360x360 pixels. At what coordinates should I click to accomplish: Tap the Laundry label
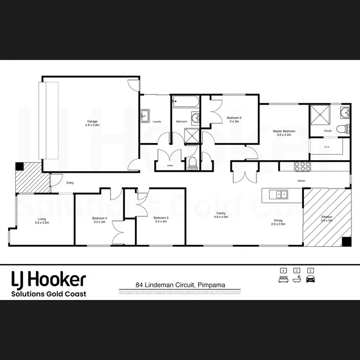[156, 122]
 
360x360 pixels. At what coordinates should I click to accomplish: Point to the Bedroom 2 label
[234, 119]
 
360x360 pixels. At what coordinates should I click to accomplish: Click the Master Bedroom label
[284, 132]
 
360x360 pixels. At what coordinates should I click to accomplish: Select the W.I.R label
[326, 147]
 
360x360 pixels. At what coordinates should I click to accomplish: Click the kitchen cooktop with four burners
[303, 167]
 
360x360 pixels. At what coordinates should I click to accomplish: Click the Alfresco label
[326, 219]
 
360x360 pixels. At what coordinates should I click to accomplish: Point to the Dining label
[278, 222]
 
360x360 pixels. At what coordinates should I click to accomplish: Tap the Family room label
[221, 215]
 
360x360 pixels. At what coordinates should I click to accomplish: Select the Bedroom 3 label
[160, 220]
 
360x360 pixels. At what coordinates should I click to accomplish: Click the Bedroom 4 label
[99, 220]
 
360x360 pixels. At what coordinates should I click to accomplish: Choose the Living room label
[42, 221]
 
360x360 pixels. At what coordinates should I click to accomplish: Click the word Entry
[70, 182]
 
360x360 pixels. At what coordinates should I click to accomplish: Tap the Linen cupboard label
[169, 166]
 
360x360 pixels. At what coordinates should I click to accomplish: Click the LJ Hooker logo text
[48, 279]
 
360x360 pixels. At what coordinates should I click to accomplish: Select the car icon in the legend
[310, 278]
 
